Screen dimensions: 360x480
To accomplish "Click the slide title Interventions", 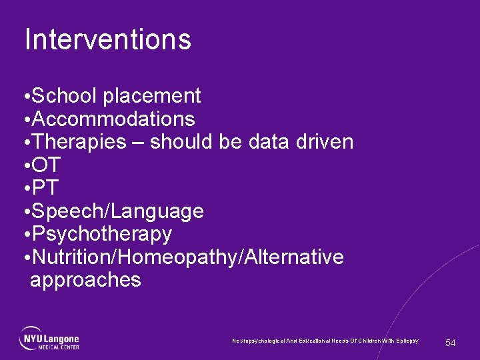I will [x=107, y=39].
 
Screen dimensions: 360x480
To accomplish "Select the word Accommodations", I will [x=113, y=119].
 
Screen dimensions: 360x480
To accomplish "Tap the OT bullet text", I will [x=46, y=165].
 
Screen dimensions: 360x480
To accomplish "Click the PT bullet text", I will [x=45, y=188].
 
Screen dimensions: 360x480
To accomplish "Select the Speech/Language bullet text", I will [x=117, y=211].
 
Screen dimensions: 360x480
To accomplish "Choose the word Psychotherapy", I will [x=101, y=235].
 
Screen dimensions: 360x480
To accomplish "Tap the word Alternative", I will [x=291, y=257].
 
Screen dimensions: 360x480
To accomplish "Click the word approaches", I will [x=85, y=280].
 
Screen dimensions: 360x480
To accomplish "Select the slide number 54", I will [x=451, y=343].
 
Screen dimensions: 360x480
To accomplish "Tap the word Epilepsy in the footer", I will [x=407, y=341].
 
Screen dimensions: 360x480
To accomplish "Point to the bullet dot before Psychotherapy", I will [x=25, y=235].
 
